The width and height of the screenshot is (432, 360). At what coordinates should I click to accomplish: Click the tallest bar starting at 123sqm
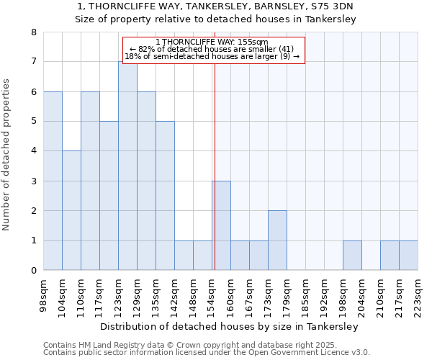[x=127, y=166]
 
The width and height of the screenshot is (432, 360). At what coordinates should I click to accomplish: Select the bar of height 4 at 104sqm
[x=71, y=210]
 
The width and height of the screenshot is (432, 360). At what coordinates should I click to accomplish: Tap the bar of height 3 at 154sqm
[x=221, y=225]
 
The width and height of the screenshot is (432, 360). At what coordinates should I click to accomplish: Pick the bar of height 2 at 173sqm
[x=277, y=240]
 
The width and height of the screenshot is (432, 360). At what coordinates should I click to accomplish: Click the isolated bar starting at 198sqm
[x=352, y=256]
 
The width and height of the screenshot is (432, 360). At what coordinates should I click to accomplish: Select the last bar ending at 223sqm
[x=408, y=256]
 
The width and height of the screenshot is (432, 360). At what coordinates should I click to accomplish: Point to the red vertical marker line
[x=215, y=180]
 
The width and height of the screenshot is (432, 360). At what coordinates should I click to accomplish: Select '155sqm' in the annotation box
[x=253, y=42]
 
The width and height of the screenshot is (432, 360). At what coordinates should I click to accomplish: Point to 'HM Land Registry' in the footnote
[x=108, y=345]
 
